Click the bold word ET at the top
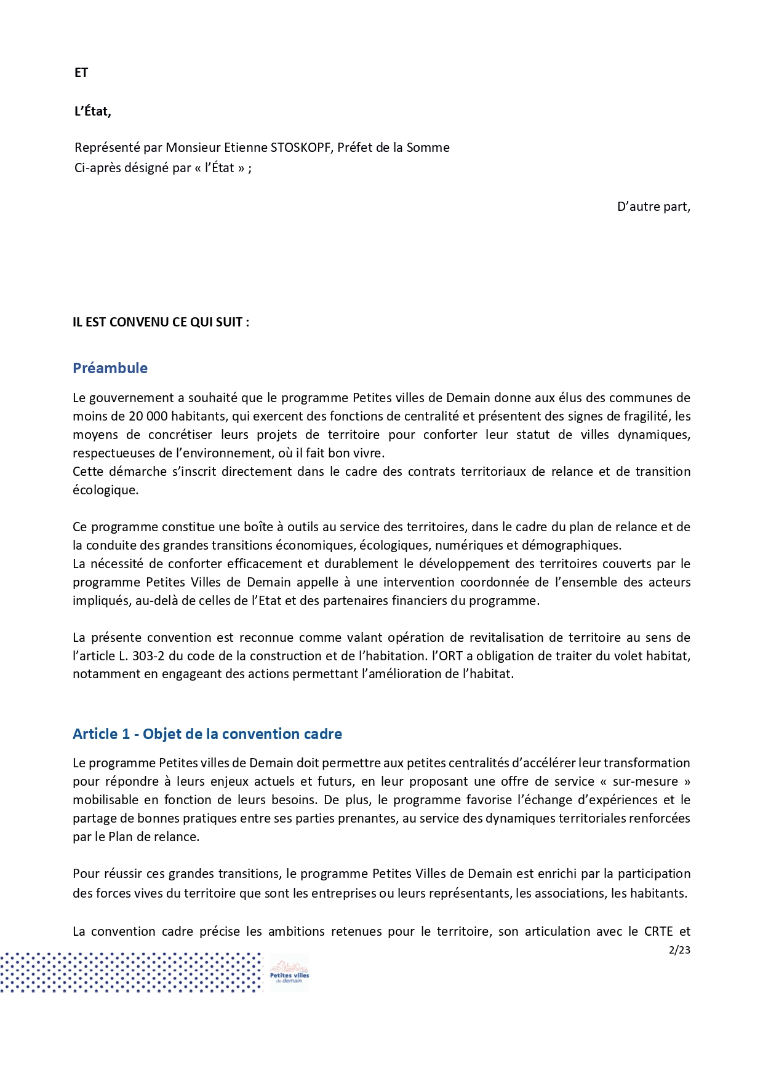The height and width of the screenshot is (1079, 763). click(x=81, y=73)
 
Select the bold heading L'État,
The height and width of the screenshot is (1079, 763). click(x=92, y=111)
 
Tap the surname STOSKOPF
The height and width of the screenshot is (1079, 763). click(x=300, y=148)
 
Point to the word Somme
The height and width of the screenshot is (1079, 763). click(x=428, y=148)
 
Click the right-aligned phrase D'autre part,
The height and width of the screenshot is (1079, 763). click(x=653, y=207)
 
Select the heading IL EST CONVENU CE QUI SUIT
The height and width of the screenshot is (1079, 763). click(x=161, y=322)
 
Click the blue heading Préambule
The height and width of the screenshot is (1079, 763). click(x=110, y=368)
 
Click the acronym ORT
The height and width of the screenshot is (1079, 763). click(x=450, y=656)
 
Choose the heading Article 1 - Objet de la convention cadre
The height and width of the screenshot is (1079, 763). click(x=207, y=734)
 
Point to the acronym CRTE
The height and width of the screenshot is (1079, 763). click(x=658, y=931)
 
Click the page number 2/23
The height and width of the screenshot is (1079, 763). click(x=679, y=950)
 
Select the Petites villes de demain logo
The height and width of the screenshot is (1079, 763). click(x=289, y=972)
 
